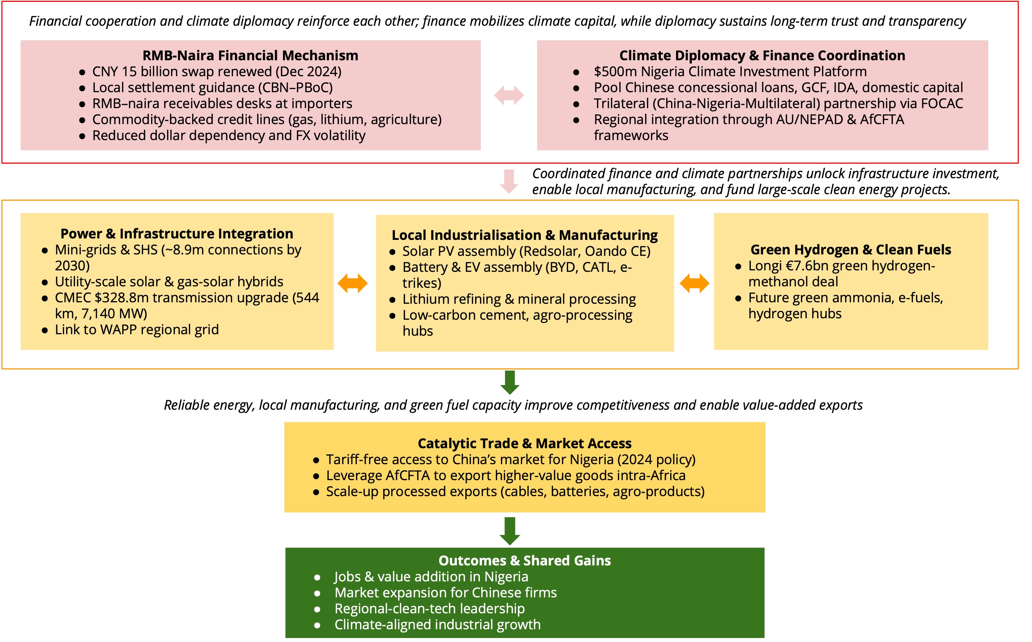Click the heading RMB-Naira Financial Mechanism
pos(250,56)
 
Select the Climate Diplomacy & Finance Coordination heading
pos(762,56)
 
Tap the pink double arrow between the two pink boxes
pos(509,95)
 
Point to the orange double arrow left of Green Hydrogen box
pos(694,283)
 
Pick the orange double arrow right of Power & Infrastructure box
pos(352,283)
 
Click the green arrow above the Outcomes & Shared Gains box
pos(510,531)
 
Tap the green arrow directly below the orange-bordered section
pos(510,383)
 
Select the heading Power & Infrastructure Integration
pos(177,233)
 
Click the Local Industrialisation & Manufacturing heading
pos(525,235)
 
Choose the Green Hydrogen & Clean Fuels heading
pos(851,250)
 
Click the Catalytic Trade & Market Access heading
pos(525,443)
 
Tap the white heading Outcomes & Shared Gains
pos(525,560)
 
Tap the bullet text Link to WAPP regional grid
pos(137,330)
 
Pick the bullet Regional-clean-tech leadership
pos(429,609)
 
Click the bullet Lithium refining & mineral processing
pos(519,299)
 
